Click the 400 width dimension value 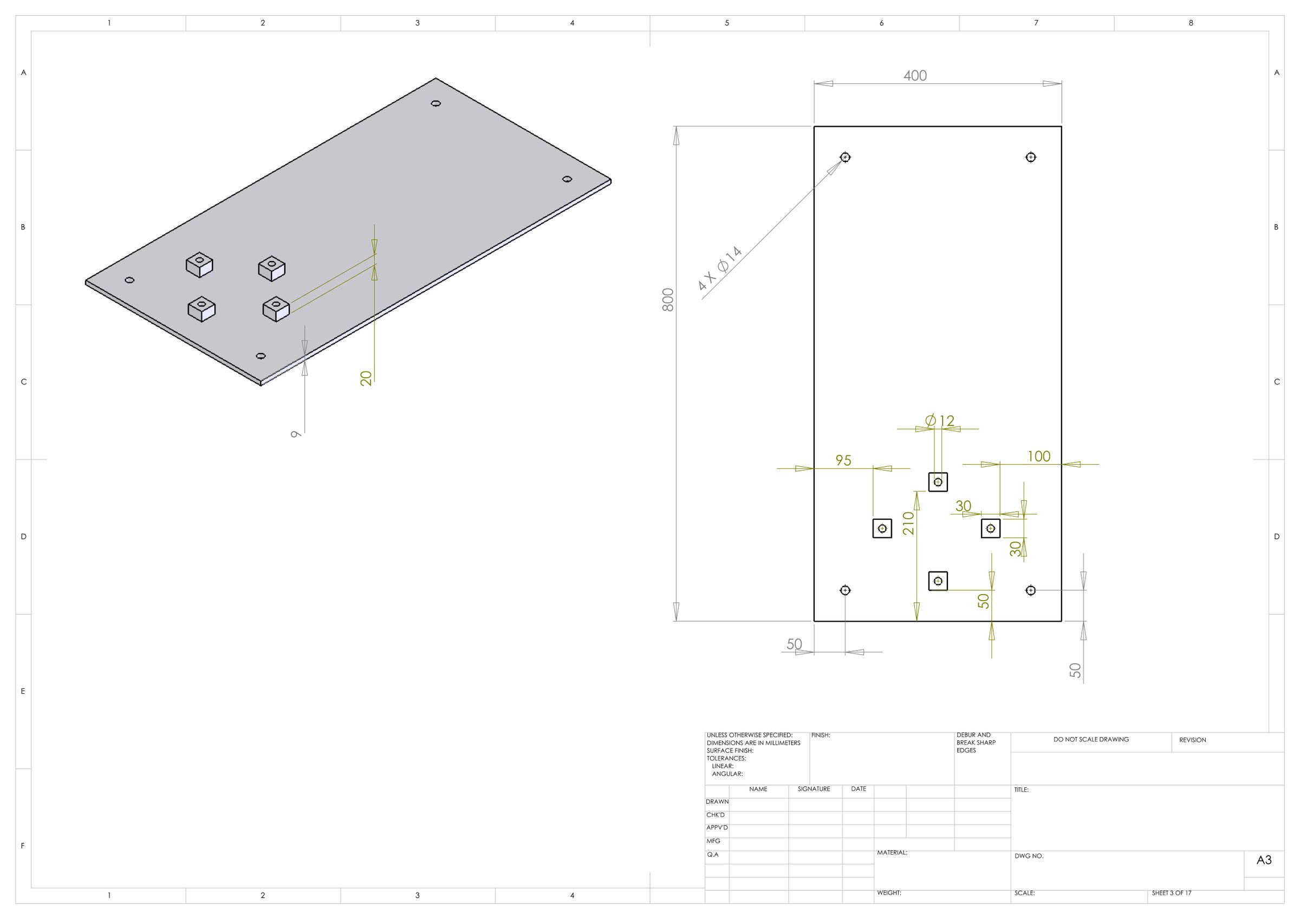915,76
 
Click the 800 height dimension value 668,300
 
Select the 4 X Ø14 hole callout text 720,269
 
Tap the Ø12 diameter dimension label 939,421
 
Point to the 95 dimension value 843,460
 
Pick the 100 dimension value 1039,457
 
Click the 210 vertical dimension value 909,523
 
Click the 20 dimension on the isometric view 366,378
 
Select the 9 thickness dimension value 295,434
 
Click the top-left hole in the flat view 846,157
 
